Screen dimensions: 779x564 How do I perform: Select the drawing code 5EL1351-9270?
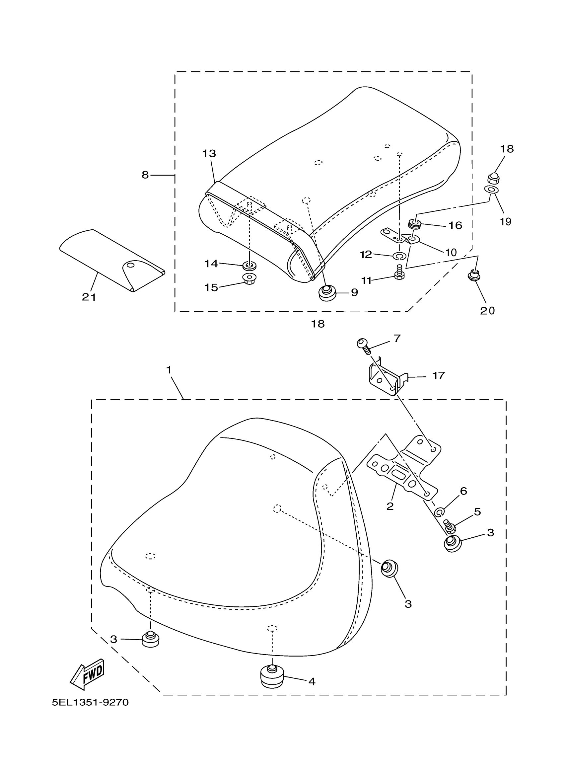[90, 702]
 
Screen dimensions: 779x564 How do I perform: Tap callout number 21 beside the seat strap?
[89, 297]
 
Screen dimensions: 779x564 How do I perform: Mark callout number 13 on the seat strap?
[209, 154]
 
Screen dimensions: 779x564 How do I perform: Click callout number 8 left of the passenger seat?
[145, 175]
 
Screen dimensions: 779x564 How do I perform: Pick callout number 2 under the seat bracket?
[390, 506]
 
